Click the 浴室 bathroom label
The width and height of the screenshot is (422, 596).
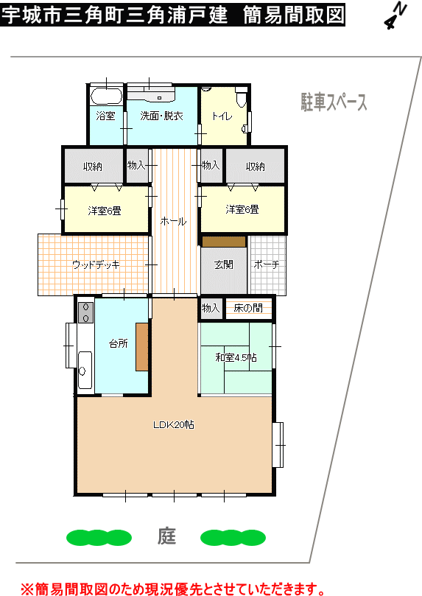click(x=105, y=116)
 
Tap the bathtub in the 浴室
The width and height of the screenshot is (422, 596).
click(x=106, y=97)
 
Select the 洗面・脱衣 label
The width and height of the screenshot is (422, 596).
click(x=161, y=116)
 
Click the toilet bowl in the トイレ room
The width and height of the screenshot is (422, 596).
click(x=242, y=97)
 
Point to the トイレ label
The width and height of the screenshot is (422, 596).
click(x=222, y=116)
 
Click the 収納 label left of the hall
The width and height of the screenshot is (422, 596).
click(x=93, y=166)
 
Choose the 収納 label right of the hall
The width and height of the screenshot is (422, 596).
click(x=256, y=166)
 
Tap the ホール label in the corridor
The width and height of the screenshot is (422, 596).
click(x=173, y=221)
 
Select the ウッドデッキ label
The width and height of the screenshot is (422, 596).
click(x=96, y=264)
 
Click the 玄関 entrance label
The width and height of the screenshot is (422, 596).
click(x=224, y=264)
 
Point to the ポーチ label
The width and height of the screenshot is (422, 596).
click(x=267, y=264)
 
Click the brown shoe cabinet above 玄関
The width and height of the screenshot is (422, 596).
click(x=224, y=242)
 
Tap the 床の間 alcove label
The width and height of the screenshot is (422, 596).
click(x=248, y=308)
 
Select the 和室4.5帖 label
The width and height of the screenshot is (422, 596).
click(x=236, y=357)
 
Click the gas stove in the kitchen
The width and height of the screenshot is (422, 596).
click(x=86, y=312)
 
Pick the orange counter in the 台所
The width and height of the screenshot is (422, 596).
click(x=142, y=347)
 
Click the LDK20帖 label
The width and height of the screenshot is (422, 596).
click(x=174, y=424)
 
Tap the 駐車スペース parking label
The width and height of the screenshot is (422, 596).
click(x=334, y=102)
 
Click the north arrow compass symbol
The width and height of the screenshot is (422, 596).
click(x=395, y=15)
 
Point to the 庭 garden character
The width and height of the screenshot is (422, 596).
click(x=166, y=536)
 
